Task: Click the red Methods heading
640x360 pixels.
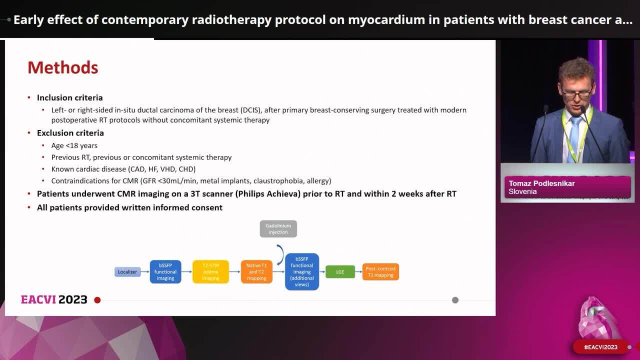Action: pos(62,67)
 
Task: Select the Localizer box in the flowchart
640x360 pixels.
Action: pos(127,272)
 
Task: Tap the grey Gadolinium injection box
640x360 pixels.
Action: pos(278,228)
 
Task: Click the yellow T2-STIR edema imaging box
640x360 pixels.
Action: pos(210,272)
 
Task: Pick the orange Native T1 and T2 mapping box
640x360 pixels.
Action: pos(256,272)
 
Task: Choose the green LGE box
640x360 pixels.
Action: pos(340,272)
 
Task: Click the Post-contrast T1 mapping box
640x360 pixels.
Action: pos(380,272)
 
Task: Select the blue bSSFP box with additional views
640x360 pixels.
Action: pos(302,272)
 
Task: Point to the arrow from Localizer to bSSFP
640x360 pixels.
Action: pos(145,272)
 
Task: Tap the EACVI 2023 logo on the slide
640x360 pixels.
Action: pos(54,299)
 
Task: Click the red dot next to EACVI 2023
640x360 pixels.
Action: pos(97,300)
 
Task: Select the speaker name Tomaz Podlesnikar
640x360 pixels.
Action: pos(541,183)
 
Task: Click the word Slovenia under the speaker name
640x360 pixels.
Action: pos(522,191)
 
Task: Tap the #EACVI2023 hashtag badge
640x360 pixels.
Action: pos(600,347)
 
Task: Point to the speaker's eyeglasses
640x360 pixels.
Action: pos(576,93)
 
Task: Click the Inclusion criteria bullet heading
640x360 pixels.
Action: pos(69,97)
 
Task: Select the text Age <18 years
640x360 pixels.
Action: pos(74,145)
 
